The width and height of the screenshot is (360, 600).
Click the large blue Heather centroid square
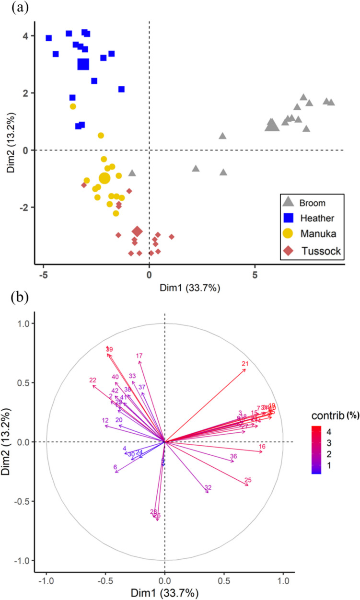[83, 64]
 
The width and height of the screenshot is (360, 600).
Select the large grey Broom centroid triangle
[272, 125]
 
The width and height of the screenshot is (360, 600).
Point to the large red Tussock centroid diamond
[137, 231]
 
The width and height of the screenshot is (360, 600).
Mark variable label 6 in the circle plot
[115, 467]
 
